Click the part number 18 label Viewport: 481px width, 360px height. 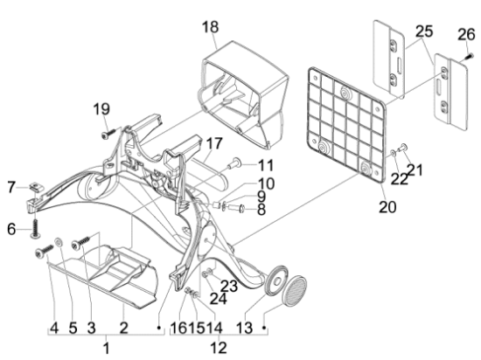coord(211,27)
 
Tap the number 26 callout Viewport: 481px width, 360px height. coord(466,35)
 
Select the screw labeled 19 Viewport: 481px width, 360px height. coord(109,134)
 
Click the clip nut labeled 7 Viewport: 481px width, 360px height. coord(37,186)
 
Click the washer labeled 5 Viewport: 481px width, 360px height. coord(58,242)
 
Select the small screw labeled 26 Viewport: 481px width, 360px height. coord(471,56)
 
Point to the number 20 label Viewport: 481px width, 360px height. coord(387,207)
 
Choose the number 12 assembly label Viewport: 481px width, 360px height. coord(219,348)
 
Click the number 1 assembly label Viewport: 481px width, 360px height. coord(106,349)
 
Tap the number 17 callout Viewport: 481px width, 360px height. coord(214,143)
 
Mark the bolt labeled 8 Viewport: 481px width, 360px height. coord(235,209)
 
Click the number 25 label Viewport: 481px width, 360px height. coord(424,31)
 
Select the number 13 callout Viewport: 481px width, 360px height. coord(245,328)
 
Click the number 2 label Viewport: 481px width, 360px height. coord(123,328)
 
